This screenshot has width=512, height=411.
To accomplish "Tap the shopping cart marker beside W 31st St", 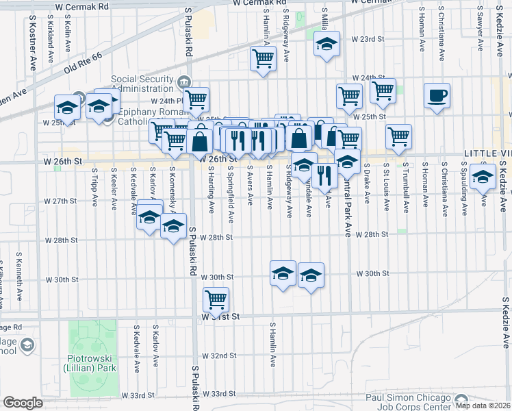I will (x=216, y=299).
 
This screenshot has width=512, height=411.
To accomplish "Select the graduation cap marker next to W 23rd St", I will (x=327, y=45).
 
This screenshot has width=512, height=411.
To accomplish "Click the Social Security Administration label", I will (x=141, y=84).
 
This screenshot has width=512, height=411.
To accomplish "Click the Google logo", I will (x=23, y=403).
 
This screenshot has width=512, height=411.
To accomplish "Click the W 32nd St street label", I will (x=219, y=356).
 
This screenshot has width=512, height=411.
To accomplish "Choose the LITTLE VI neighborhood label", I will (x=487, y=152).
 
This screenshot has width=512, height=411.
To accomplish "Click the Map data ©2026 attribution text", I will (x=483, y=406).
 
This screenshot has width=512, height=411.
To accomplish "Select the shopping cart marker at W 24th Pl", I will (x=196, y=99).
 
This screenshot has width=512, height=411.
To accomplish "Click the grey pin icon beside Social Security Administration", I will (x=184, y=83).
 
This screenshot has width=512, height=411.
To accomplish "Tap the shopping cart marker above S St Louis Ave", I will (x=398, y=136).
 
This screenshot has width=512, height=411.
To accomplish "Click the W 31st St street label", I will (x=220, y=317).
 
